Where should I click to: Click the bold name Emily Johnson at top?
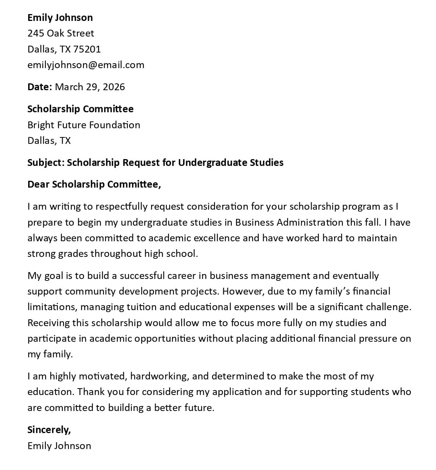[60, 18]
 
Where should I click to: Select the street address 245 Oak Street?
[60, 33]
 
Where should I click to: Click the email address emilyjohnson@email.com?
[86, 65]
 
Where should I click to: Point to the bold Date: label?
[40, 87]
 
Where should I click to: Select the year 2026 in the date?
[114, 87]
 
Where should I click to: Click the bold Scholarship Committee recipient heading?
[80, 109]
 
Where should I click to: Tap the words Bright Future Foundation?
[84, 125]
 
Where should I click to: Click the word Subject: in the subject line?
[46, 163]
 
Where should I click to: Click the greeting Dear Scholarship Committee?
[94, 185]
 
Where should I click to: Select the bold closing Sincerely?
[49, 430]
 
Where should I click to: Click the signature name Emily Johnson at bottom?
[59, 446]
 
